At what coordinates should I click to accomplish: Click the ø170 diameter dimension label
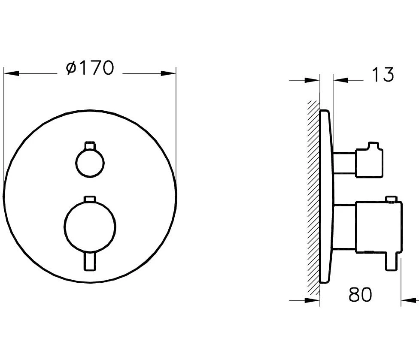pyautogui.click(x=90, y=68)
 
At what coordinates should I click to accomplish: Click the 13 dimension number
pyautogui.click(x=382, y=75)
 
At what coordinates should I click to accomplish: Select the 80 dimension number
pyautogui.click(x=360, y=295)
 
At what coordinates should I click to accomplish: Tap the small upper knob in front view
pyautogui.click(x=90, y=163)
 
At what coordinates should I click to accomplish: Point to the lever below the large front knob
pyautogui.click(x=90, y=261)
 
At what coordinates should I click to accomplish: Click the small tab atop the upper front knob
pyautogui.click(x=90, y=145)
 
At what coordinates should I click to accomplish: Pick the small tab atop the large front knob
pyautogui.click(x=90, y=199)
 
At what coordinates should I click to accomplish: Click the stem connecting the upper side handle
pyautogui.click(x=344, y=163)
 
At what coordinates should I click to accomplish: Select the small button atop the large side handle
pyautogui.click(x=391, y=199)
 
